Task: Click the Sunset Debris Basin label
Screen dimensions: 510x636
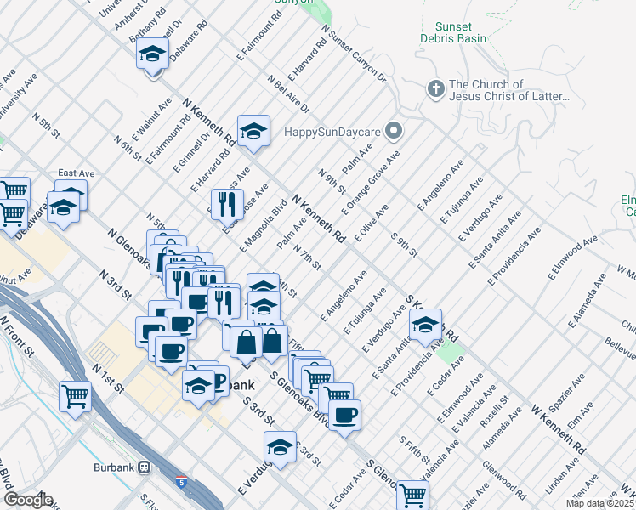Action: (x=454, y=33)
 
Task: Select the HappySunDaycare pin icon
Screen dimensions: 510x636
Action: (x=393, y=131)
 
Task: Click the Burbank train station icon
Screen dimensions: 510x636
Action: (x=145, y=467)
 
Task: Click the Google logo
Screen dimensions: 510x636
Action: (x=27, y=500)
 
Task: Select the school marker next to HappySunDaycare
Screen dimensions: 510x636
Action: (x=253, y=131)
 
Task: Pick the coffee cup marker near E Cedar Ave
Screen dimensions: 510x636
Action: (x=344, y=416)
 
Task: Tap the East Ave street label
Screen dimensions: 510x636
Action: (x=76, y=173)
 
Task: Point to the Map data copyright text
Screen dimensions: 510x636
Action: (x=600, y=503)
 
